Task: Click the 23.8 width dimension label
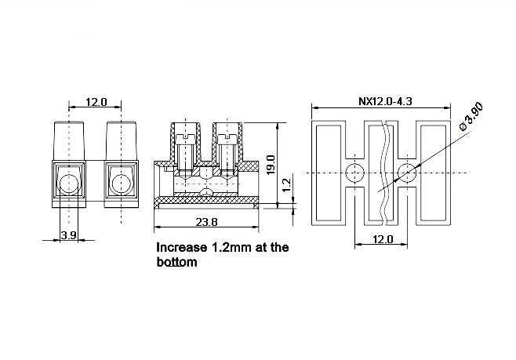(x=207, y=222)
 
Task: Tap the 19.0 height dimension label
(x=271, y=165)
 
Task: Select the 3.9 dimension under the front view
(x=69, y=235)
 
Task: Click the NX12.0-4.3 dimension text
(x=385, y=101)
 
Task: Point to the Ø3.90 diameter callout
(x=471, y=117)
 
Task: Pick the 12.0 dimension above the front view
(x=96, y=102)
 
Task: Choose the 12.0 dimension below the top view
(x=383, y=239)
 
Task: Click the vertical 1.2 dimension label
(x=287, y=185)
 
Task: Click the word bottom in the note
(x=176, y=262)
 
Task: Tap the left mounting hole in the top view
(x=355, y=173)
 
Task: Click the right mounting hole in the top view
(x=408, y=173)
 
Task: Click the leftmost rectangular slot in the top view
(x=329, y=173)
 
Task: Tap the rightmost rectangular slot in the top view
(x=434, y=173)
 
